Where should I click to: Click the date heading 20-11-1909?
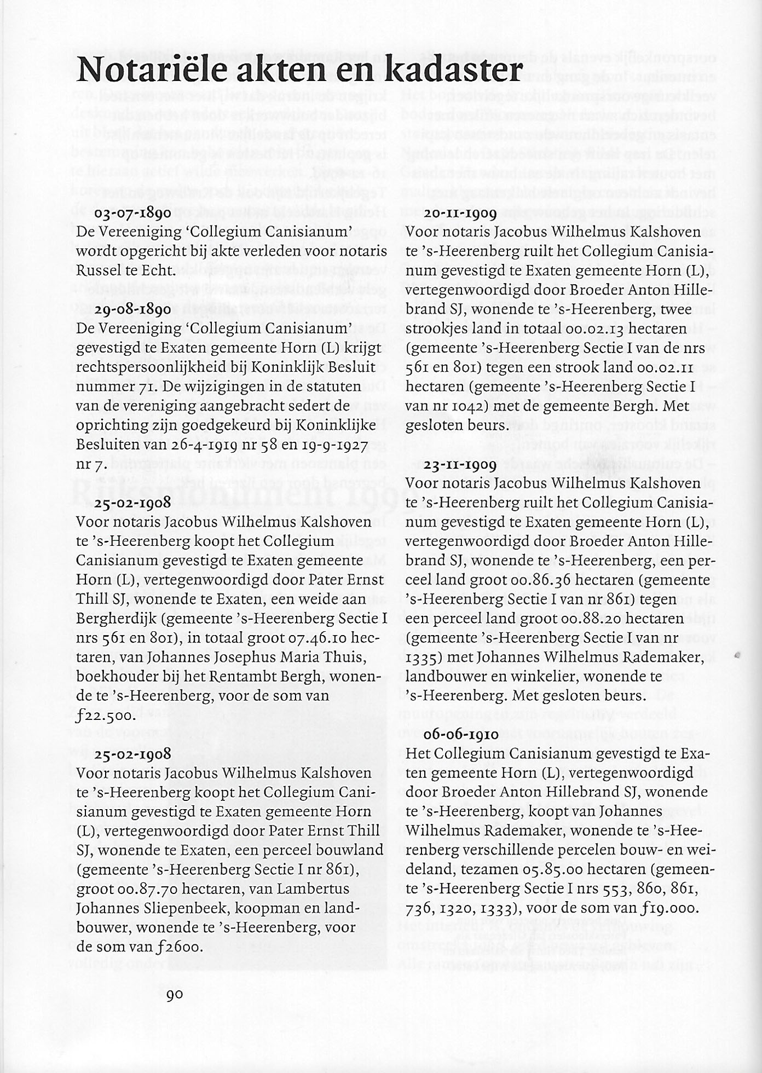(x=460, y=214)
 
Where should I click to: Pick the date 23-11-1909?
(x=460, y=465)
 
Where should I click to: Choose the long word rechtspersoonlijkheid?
(x=155, y=367)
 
